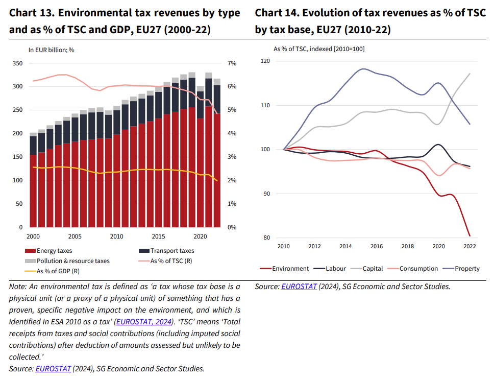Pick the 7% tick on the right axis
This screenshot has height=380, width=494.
pos(232,63)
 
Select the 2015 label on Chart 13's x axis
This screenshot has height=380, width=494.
pos(158,236)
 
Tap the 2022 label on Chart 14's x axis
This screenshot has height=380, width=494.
pos(469,246)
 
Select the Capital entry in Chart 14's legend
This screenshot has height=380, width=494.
pos(373,268)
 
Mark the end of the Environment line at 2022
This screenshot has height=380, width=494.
pos(470,236)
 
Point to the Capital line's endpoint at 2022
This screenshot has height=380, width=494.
pos(470,74)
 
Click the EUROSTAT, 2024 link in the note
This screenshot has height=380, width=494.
pos(144,322)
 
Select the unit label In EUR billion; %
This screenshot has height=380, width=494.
pos(51,50)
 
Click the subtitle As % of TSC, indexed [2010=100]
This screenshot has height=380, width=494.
pos(319,49)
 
